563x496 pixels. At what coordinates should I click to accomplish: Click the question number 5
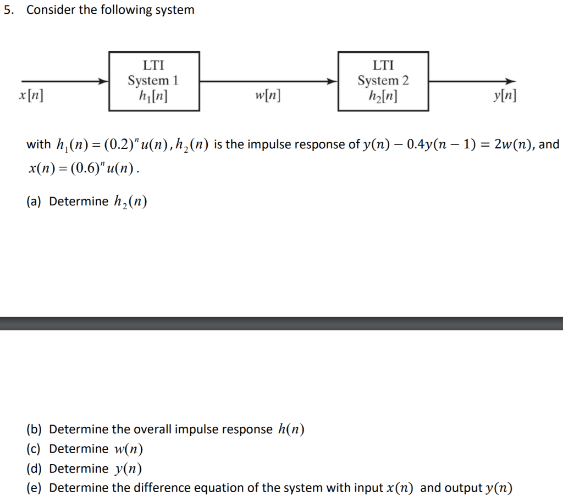pyautogui.click(x=7, y=10)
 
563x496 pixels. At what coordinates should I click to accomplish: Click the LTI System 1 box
pyautogui.click(x=154, y=81)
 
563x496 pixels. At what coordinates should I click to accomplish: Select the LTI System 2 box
pyautogui.click(x=383, y=81)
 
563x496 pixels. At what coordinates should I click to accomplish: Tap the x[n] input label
pyautogui.click(x=31, y=95)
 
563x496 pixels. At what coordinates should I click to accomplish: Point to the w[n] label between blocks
pyautogui.click(x=267, y=97)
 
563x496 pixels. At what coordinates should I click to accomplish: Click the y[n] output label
pyautogui.click(x=504, y=97)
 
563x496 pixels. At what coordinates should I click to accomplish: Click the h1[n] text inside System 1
pyautogui.click(x=153, y=96)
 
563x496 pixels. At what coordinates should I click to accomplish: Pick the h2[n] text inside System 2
pyautogui.click(x=383, y=96)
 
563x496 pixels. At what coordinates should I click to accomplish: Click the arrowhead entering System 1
pyautogui.click(x=103, y=81)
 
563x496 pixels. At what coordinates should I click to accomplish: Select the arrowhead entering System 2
pyautogui.click(x=333, y=81)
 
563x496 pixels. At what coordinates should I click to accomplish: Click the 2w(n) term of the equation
pyautogui.click(x=513, y=144)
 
